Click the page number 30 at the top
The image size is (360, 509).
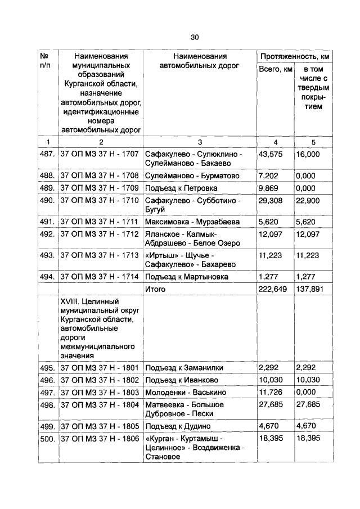(x=195, y=37)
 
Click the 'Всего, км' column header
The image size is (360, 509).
(x=275, y=69)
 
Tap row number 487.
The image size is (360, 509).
(x=47, y=154)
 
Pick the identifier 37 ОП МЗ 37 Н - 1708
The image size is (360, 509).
(x=99, y=175)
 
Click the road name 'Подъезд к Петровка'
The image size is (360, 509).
(x=181, y=188)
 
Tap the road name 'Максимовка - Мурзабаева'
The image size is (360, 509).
(x=192, y=222)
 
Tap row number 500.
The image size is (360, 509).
(x=47, y=438)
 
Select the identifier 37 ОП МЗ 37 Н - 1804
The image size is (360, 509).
(x=99, y=404)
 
